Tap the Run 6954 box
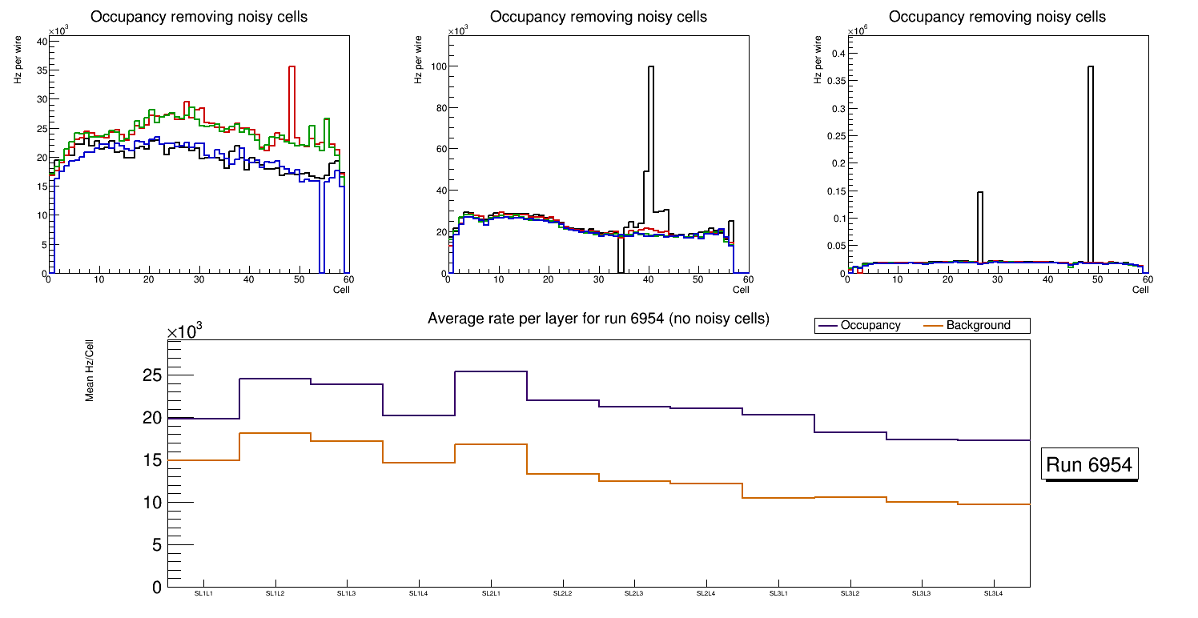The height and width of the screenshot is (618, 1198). point(1089,465)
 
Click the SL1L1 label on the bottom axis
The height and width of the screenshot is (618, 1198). point(203,593)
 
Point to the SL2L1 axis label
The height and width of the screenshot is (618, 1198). point(491,593)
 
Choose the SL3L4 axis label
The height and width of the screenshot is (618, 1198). point(994,593)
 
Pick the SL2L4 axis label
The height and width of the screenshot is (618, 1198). point(706,593)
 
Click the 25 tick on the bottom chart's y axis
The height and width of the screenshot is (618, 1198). point(153,375)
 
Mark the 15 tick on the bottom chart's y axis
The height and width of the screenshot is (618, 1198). point(153,460)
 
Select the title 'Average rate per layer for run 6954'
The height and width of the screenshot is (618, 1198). point(598,319)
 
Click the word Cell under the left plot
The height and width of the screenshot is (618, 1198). point(341,289)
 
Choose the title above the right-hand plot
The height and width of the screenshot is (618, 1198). point(997,17)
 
